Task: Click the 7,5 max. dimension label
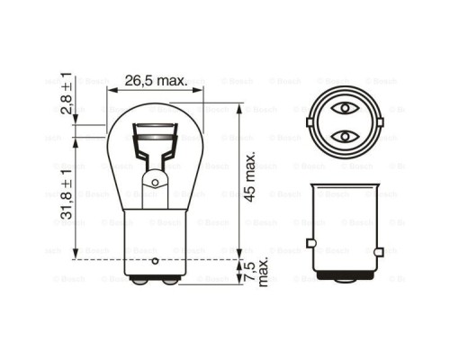coord(257,272)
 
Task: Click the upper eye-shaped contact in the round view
coord(345,109)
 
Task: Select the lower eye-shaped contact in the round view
coord(345,137)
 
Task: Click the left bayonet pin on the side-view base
coord(310,243)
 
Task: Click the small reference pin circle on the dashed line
coord(156,260)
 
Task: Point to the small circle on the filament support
coord(155,182)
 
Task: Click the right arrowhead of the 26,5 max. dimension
coord(200,90)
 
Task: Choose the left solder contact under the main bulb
coord(142,280)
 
